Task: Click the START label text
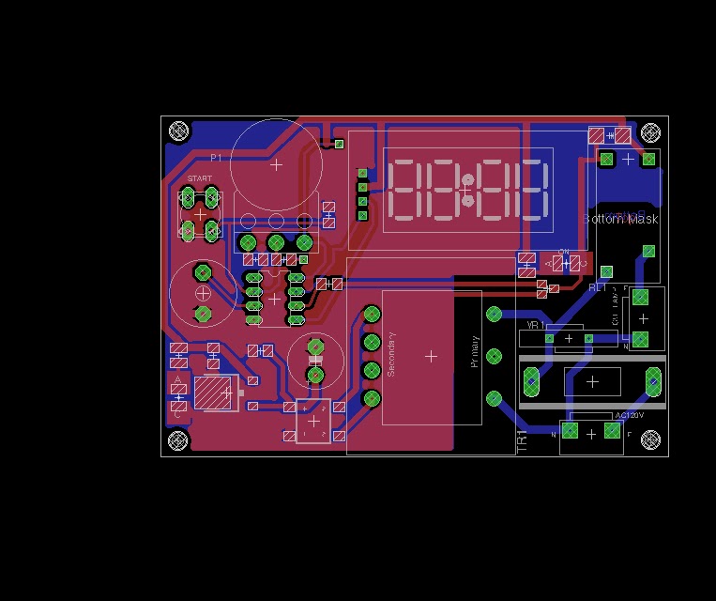pos(200,178)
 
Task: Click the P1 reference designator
pos(216,158)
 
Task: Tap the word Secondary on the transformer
pos(391,354)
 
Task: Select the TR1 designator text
pos(523,438)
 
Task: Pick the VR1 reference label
pos(536,325)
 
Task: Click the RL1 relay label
pos(598,287)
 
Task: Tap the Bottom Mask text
pos(621,219)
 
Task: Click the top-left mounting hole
pos(178,131)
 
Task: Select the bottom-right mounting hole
pos(649,439)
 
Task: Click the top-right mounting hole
pos(649,131)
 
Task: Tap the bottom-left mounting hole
pos(178,439)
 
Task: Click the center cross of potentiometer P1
pos(276,164)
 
